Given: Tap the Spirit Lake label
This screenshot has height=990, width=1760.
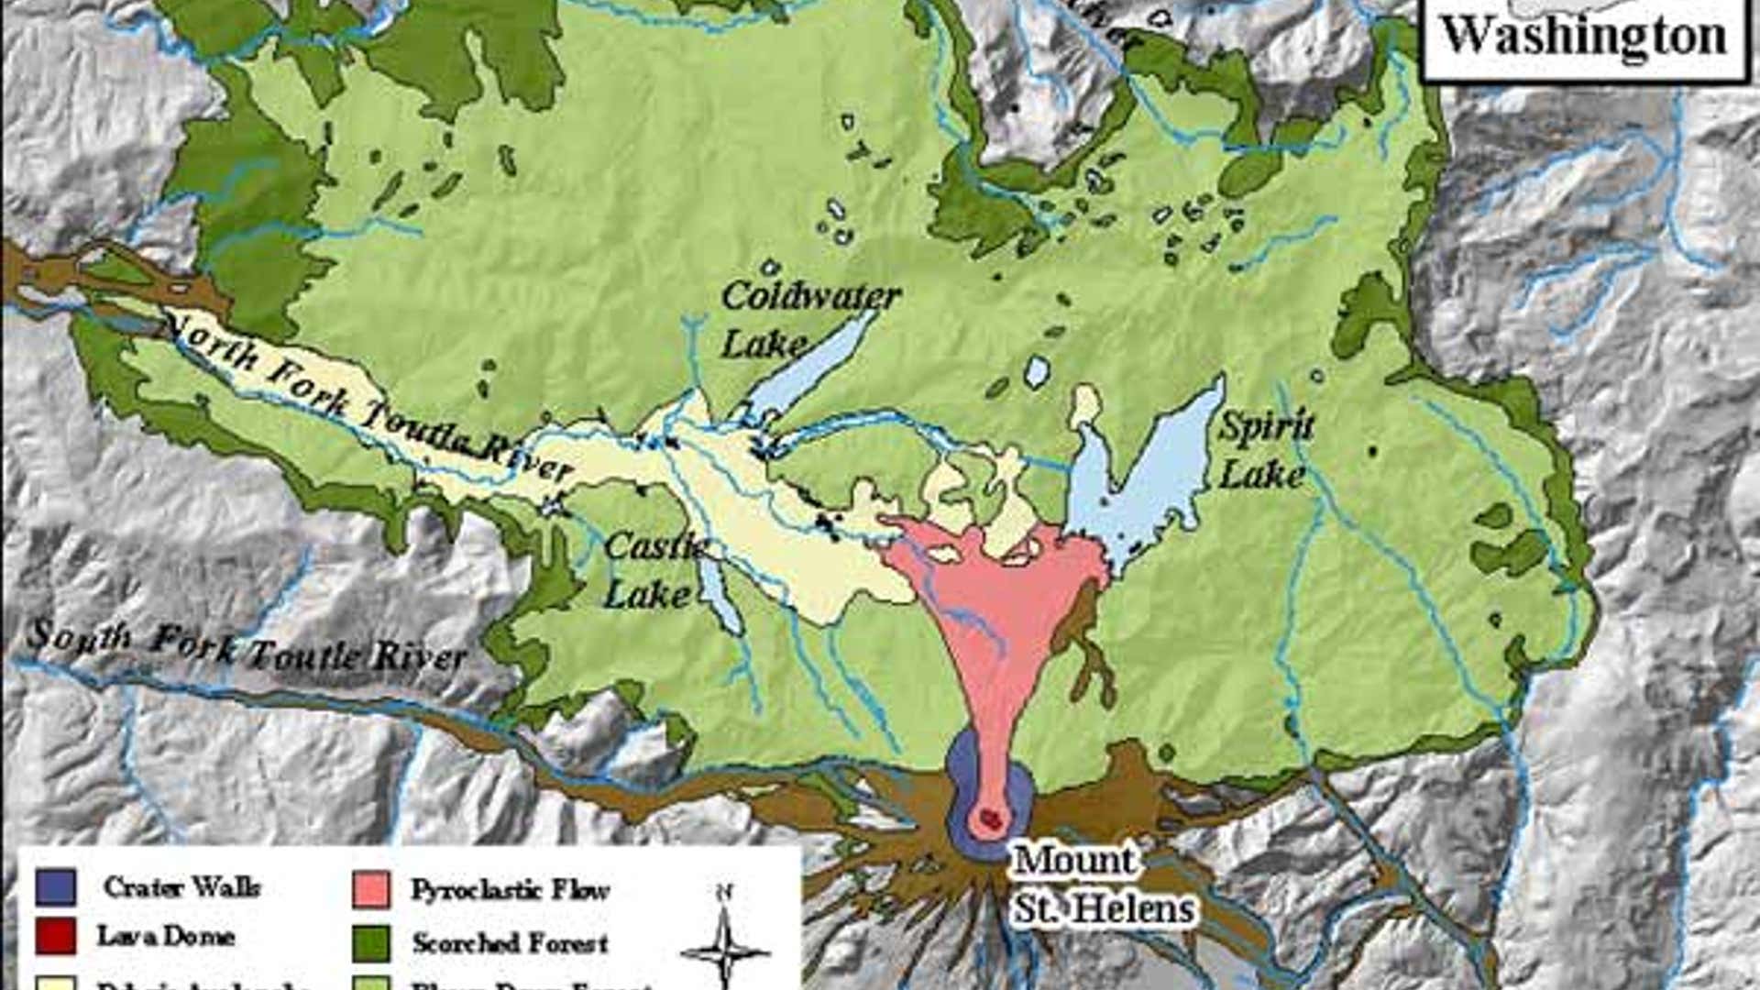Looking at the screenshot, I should click(1265, 449).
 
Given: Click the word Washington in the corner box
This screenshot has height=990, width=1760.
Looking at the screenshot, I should click(1584, 37).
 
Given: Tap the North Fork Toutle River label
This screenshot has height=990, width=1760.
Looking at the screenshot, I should click(367, 394).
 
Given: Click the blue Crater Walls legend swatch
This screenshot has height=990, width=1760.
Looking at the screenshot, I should click(56, 886).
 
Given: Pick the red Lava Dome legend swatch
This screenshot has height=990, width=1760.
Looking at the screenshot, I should click(56, 936).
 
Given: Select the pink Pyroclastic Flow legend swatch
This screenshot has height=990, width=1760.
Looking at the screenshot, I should click(371, 889).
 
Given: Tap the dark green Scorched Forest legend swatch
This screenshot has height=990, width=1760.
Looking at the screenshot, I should click(371, 942).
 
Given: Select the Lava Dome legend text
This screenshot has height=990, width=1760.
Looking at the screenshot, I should click(166, 936).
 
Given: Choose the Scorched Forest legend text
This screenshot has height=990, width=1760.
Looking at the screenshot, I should click(510, 943).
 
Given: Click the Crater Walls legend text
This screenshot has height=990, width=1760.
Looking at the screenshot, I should click(181, 887).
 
